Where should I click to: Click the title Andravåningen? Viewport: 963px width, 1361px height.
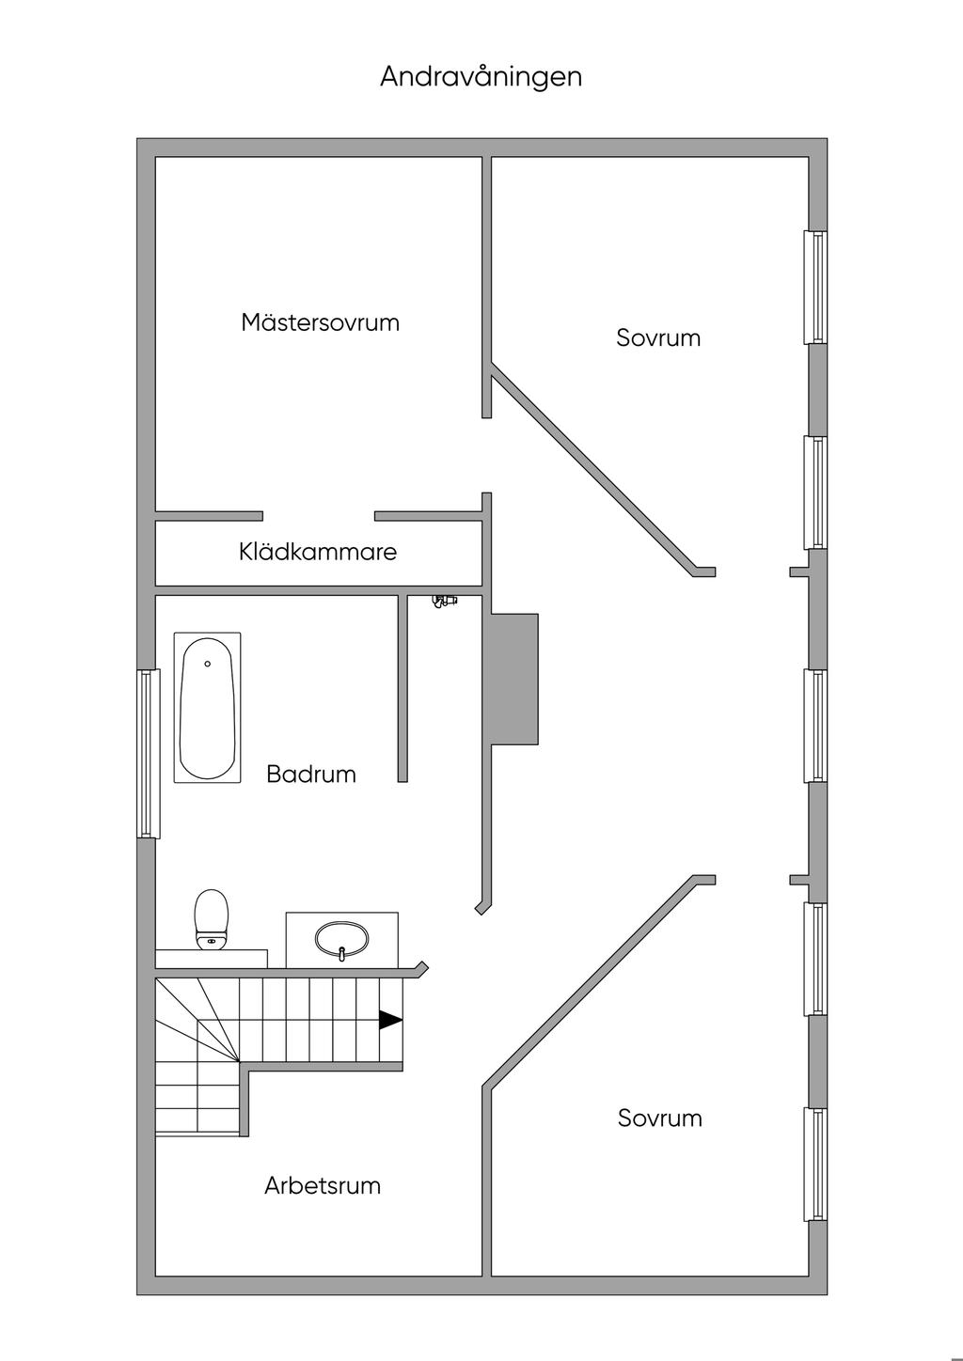click(481, 77)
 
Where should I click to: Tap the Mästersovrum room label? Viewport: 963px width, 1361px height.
click(320, 322)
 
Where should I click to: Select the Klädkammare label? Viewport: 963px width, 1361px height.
click(318, 552)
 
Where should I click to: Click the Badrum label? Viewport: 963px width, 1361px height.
click(311, 774)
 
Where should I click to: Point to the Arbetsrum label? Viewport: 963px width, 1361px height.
click(323, 1185)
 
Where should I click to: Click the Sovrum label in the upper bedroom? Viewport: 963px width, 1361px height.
click(658, 337)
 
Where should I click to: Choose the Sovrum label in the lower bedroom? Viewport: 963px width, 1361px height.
click(659, 1118)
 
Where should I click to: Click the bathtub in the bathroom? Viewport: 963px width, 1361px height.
click(207, 708)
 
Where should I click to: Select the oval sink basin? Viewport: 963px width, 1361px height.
click(342, 937)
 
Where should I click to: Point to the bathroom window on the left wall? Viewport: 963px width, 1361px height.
click(148, 753)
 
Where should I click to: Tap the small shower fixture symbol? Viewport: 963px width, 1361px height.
click(443, 600)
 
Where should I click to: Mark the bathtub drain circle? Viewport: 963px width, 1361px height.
click(207, 664)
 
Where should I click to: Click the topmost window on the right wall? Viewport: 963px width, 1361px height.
click(816, 287)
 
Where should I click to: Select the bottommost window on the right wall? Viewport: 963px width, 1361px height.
click(816, 1165)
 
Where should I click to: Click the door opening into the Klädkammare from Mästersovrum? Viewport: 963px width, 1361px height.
click(319, 516)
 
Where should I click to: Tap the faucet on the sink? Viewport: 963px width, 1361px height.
click(342, 953)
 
